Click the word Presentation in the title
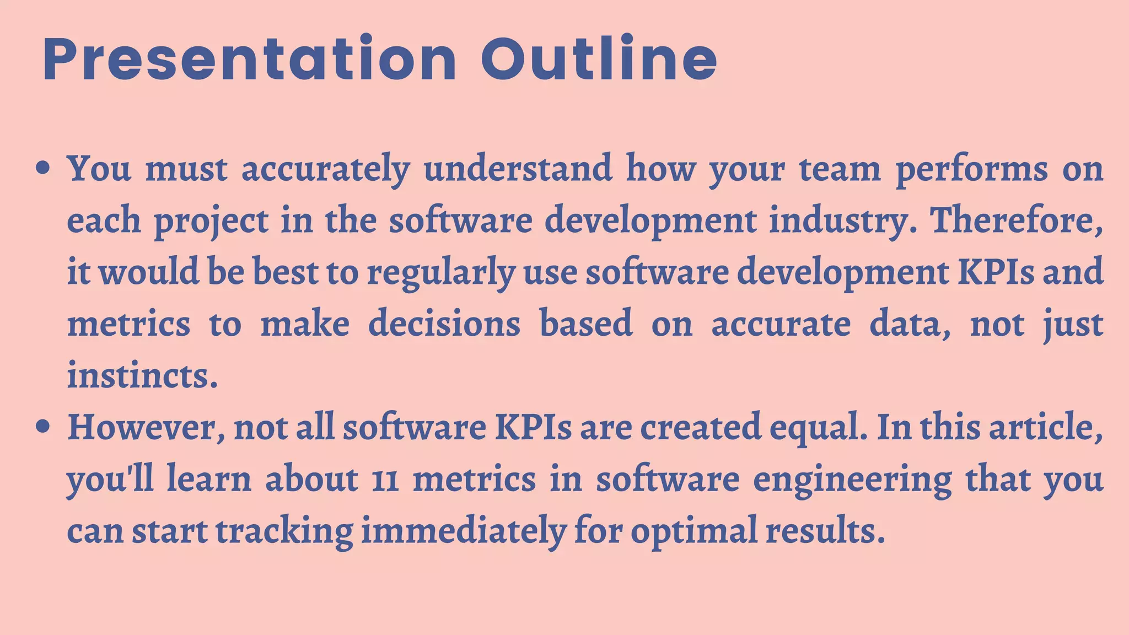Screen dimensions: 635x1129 tap(249, 60)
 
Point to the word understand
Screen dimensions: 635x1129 tap(518, 168)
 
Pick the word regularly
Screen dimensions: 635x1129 tap(440, 273)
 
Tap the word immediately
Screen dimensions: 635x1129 tap(464, 532)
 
